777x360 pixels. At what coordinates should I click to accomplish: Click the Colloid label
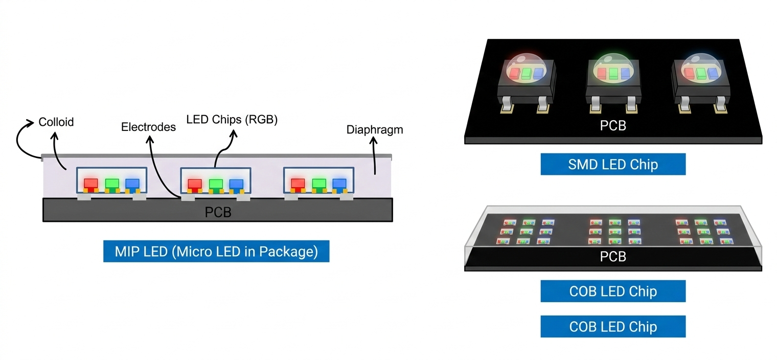click(56, 122)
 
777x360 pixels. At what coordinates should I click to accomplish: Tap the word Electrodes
click(148, 127)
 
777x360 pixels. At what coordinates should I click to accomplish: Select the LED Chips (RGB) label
click(232, 120)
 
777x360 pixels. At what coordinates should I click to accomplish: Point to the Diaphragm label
click(375, 130)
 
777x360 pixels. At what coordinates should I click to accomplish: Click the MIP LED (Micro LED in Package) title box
click(216, 251)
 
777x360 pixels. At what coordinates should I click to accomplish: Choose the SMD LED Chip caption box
click(613, 164)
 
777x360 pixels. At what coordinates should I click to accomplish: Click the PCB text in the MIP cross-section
click(218, 212)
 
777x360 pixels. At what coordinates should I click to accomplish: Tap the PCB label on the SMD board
click(613, 126)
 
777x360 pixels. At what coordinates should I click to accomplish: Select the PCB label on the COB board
click(613, 257)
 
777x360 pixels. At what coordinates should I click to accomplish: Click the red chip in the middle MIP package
click(194, 183)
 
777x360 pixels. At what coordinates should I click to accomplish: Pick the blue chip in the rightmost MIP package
click(339, 183)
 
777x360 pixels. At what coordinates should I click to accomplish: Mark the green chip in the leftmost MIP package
click(111, 183)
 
